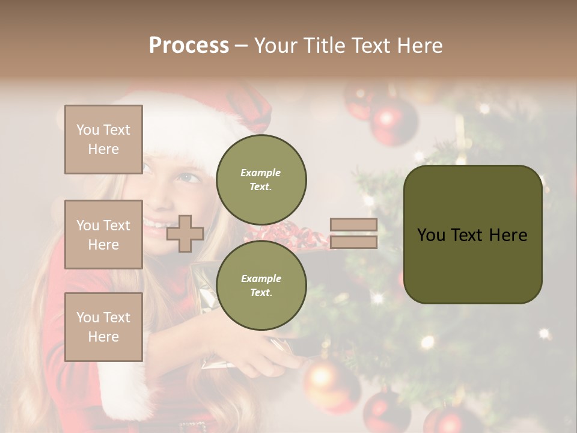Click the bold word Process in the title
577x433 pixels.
tap(189, 45)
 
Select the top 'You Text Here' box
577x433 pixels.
tap(103, 140)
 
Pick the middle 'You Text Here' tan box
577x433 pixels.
tap(103, 235)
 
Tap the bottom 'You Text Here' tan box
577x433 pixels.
tap(103, 327)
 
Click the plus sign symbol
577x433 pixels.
tap(185, 234)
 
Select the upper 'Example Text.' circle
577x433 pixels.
tap(261, 179)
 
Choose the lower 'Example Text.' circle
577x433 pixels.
tap(261, 285)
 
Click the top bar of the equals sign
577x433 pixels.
tap(353, 225)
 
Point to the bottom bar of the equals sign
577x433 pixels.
tap(353, 242)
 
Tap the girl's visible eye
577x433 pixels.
tap(188, 178)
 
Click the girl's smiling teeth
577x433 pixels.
tap(157, 224)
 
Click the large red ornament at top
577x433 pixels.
tap(394, 123)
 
